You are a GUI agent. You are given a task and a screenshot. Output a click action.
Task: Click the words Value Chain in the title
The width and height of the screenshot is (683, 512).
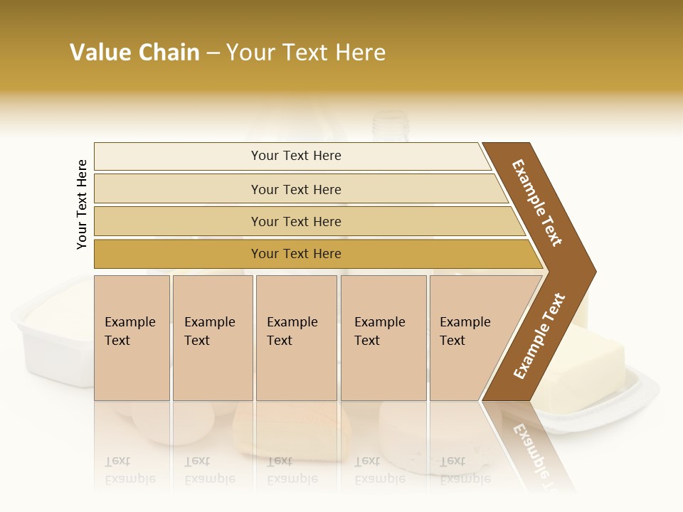(134, 53)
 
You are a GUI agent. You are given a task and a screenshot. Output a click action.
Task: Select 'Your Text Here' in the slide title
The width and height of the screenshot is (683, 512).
(306, 53)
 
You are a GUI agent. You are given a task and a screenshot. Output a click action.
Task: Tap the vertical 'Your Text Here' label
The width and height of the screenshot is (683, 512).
(82, 204)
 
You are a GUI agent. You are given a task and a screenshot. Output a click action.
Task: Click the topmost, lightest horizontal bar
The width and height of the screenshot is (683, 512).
(296, 156)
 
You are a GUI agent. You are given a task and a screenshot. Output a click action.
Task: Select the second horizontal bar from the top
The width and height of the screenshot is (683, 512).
(296, 189)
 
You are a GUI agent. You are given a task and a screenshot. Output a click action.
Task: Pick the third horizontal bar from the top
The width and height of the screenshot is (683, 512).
(296, 221)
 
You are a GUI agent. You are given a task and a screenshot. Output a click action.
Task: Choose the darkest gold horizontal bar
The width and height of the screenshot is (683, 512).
(296, 254)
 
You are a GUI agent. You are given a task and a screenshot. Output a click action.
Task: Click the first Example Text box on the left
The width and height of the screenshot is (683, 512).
(132, 338)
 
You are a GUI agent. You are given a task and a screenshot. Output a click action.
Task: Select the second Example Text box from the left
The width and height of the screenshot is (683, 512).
(212, 338)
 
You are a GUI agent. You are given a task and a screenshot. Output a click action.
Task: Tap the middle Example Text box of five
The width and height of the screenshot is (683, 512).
(296, 338)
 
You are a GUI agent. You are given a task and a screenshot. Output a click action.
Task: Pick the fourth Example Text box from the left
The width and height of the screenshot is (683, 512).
(383, 338)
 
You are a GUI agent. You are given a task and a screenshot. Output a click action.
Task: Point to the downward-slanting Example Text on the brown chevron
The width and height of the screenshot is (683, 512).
(537, 203)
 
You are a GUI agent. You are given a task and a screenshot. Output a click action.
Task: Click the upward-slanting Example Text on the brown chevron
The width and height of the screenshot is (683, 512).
(539, 336)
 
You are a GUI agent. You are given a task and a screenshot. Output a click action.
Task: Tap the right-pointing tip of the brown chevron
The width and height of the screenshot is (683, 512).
(591, 272)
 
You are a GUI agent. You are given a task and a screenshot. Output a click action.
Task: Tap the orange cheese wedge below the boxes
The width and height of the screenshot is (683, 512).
(292, 430)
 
